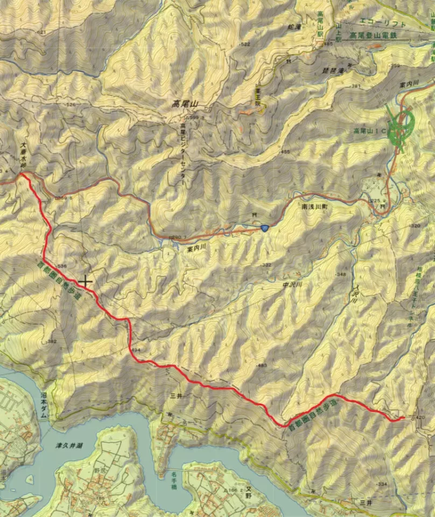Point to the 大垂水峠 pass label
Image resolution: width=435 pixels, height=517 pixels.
[x=23, y=153]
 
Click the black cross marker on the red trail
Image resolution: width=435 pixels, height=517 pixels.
[x=85, y=281]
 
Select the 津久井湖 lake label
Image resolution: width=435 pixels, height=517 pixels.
[x=69, y=446]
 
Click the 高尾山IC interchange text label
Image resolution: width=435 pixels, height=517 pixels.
[x=367, y=131]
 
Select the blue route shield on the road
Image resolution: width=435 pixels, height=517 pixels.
[x=265, y=228]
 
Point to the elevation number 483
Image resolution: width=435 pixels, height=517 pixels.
[x=262, y=366]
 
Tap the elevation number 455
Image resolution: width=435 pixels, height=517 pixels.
[x=285, y=152]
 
